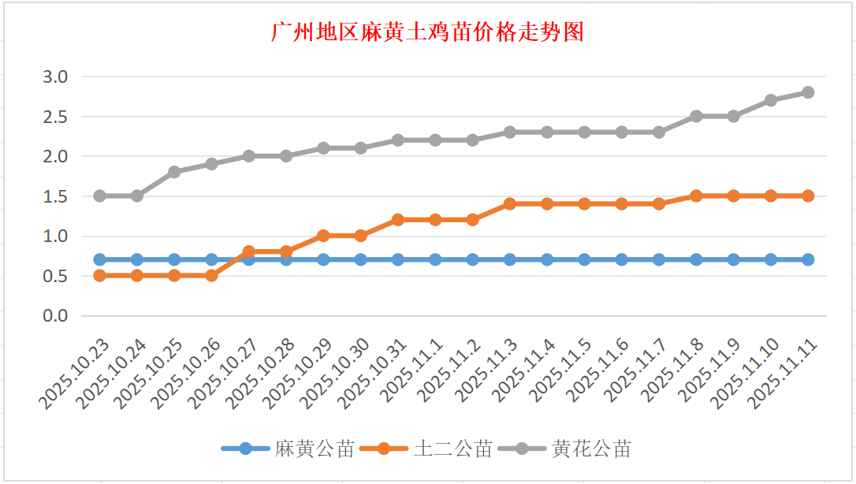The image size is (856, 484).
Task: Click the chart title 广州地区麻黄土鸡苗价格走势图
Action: pyautogui.click(x=427, y=32)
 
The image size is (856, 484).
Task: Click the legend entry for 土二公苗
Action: pyautogui.click(x=452, y=449)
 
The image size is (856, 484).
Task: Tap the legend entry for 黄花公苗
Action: pyautogui.click(x=591, y=449)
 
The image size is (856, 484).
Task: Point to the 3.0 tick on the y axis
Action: pyautogui.click(x=55, y=76)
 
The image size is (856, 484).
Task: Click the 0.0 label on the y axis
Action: pyautogui.click(x=55, y=315)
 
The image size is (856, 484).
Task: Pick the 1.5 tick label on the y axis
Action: pyautogui.click(x=55, y=196)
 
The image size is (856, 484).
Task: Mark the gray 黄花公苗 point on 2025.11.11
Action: pyautogui.click(x=808, y=92)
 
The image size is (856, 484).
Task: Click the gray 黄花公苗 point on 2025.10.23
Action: pyautogui.click(x=99, y=195)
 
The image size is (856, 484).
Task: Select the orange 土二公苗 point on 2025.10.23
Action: pyautogui.click(x=99, y=275)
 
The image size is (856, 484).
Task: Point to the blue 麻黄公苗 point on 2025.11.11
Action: pyautogui.click(x=808, y=259)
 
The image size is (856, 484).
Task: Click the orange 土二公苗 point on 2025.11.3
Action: pyautogui.click(x=510, y=203)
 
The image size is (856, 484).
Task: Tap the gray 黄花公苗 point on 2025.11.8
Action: pyautogui.click(x=696, y=116)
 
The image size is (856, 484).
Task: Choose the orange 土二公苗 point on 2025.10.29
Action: pyautogui.click(x=323, y=236)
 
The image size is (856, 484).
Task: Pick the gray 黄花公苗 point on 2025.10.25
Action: pyautogui.click(x=174, y=172)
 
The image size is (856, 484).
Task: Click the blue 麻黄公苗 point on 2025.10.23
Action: pyautogui.click(x=99, y=259)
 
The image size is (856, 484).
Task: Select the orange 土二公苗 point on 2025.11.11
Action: pyautogui.click(x=808, y=195)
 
